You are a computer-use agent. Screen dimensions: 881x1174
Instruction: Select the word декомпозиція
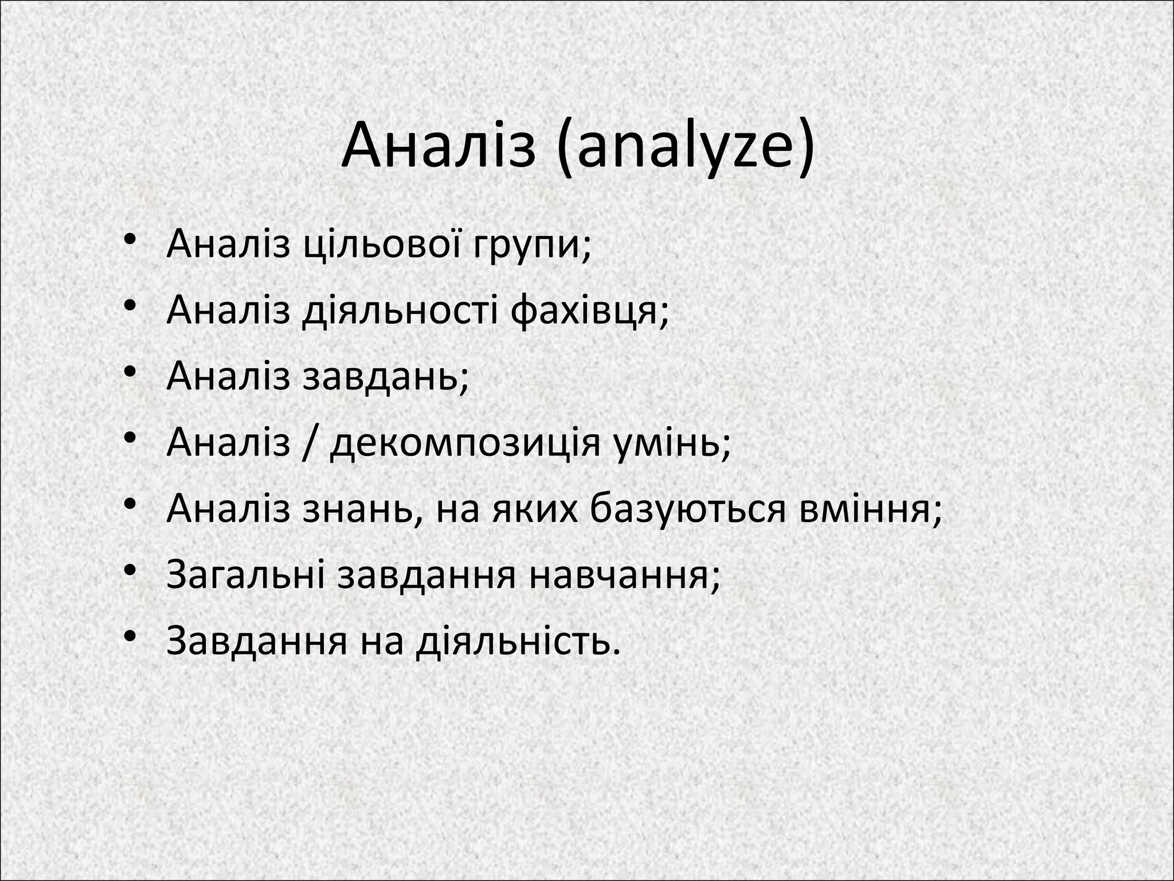pyautogui.click(x=465, y=443)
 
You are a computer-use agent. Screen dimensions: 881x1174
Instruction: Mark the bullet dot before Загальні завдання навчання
pyautogui.click(x=130, y=571)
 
